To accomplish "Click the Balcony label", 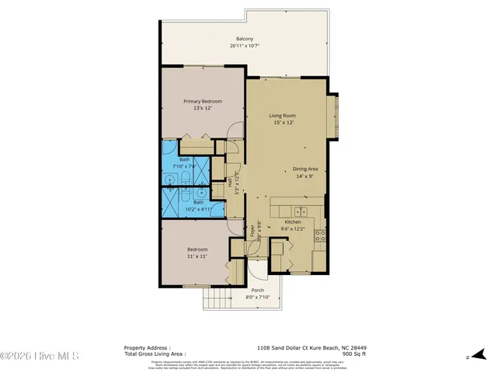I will [245, 39].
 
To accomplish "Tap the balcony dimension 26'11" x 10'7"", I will [245, 46].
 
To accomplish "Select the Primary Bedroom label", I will [203, 102].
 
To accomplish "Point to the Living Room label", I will [283, 115].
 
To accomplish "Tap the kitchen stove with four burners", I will [319, 234].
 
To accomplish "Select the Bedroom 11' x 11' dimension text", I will [196, 256].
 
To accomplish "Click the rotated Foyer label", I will [252, 232].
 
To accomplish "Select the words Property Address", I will [148, 348].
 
